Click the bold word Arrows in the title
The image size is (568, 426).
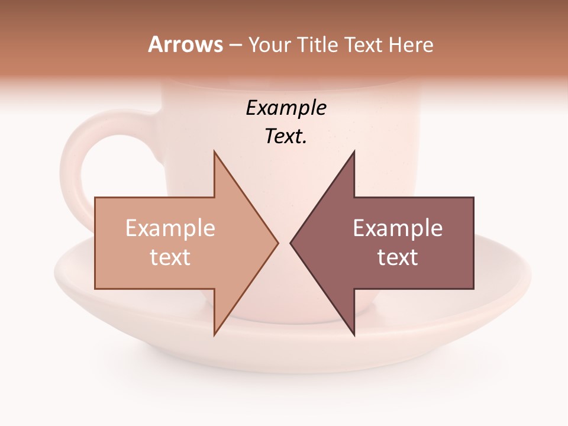point(185,44)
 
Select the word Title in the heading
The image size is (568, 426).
point(318,45)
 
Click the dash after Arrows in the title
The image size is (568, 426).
point(235,45)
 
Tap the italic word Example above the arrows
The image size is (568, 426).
point(286,108)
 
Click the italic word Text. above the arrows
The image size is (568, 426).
point(286,137)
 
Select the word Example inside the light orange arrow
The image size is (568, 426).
point(170,228)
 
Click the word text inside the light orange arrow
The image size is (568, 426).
point(170,257)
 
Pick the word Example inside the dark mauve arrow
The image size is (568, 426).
point(398,228)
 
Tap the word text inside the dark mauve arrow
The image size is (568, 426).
point(398,257)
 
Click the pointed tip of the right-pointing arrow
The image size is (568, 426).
point(277,243)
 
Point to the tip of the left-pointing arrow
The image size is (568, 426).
point(291,243)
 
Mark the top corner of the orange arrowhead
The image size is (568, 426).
point(214,151)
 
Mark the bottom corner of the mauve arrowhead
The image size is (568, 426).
point(354,335)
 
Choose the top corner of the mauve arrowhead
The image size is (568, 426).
point(354,151)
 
